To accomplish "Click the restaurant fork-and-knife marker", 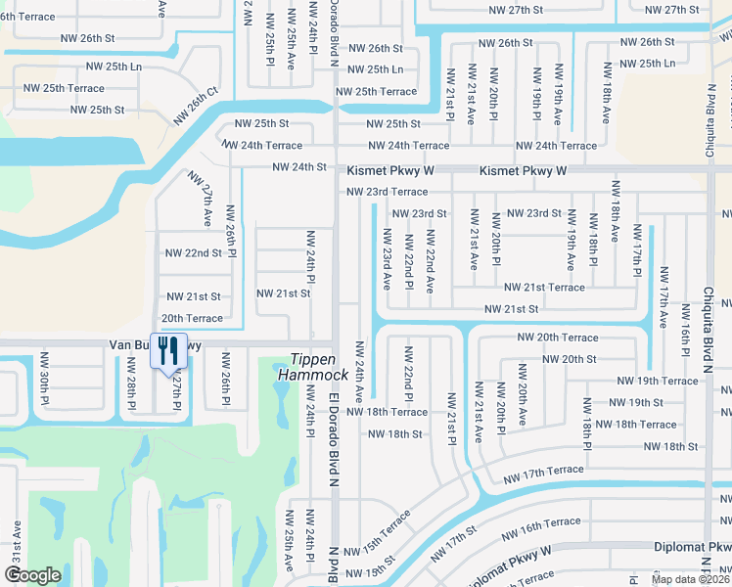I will [x=167, y=351].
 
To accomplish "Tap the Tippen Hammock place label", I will [x=312, y=367].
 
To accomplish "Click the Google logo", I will [x=32, y=574].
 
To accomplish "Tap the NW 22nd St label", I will [x=194, y=253].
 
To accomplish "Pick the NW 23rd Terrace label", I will [x=387, y=192].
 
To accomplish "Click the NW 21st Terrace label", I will [x=544, y=288].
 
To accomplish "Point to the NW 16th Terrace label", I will [x=540, y=529].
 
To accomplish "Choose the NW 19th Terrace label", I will [x=658, y=381].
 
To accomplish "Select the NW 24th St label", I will [x=298, y=167].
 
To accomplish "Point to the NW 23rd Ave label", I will [x=388, y=259].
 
